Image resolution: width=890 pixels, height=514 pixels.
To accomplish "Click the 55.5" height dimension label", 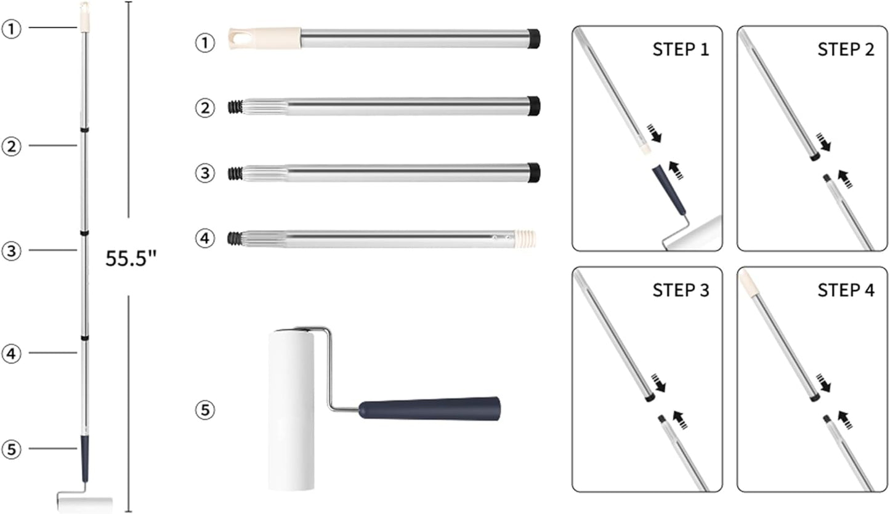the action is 131,259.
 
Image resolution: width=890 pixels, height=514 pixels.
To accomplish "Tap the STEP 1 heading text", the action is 681,50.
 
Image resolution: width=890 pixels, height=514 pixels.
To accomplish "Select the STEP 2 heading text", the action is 846,50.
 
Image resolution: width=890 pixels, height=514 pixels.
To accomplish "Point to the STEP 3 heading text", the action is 681,291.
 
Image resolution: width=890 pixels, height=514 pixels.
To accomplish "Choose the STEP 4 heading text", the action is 846,291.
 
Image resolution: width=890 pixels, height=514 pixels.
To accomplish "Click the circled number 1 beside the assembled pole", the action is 11,28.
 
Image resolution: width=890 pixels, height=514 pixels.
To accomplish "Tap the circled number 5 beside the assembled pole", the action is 11,449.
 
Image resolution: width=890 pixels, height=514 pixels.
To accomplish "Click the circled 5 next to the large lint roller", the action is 205,410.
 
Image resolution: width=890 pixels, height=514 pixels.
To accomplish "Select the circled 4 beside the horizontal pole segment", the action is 205,238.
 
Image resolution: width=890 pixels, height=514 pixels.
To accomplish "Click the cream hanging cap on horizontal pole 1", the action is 265,39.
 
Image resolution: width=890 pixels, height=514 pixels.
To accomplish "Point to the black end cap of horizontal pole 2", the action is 533,106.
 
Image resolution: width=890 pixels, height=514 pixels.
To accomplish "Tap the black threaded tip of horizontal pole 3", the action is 235,173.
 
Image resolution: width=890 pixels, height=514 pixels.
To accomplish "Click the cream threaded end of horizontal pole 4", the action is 525,239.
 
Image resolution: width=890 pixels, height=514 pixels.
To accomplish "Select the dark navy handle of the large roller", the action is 429,408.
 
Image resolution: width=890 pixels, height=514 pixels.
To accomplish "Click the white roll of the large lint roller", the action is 291,411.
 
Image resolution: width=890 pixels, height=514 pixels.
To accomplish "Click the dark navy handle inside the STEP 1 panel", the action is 669,190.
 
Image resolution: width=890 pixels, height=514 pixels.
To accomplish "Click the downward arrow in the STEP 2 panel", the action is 823,142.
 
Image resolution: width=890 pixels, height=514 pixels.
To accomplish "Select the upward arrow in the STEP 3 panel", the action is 680,419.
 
